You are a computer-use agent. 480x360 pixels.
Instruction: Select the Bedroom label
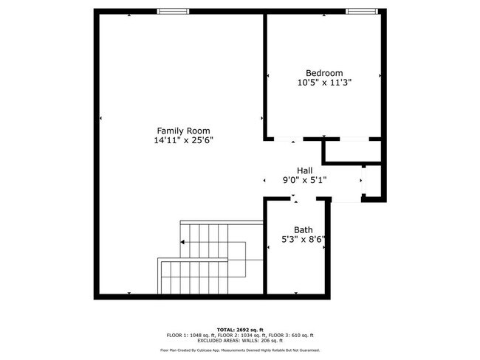pyautogui.click(x=324, y=72)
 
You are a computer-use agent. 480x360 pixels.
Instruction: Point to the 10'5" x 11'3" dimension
pyautogui.click(x=324, y=83)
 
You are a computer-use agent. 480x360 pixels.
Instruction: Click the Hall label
pyautogui.click(x=304, y=170)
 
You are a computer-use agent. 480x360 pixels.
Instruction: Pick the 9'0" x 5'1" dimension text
pyautogui.click(x=304, y=179)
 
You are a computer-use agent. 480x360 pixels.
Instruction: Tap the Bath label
pyautogui.click(x=304, y=229)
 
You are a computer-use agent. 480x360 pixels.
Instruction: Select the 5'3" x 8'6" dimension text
pyautogui.click(x=304, y=239)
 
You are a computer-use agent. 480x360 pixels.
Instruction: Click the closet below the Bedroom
pyautogui.click(x=353, y=150)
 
